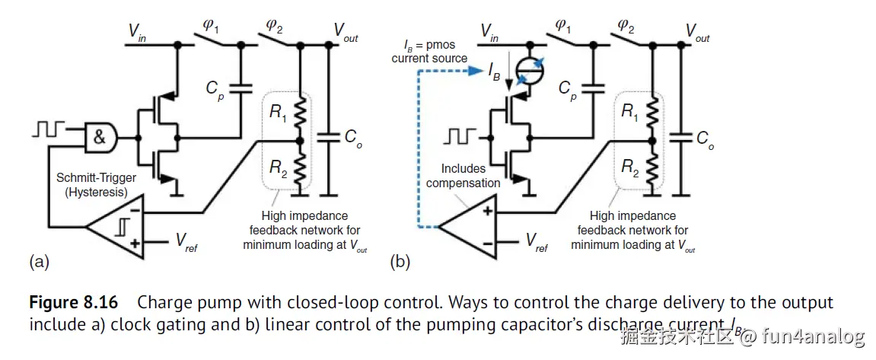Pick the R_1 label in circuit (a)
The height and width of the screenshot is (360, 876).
[279, 113]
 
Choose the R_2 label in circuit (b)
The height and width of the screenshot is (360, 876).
[630, 168]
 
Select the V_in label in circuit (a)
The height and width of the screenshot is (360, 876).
[137, 33]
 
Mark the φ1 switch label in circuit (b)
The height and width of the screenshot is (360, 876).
[563, 27]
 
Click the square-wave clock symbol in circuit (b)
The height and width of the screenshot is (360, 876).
[460, 137]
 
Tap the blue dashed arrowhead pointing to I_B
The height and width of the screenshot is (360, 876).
[476, 72]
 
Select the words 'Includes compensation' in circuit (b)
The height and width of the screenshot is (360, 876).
[463, 175]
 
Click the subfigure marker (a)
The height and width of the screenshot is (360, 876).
[39, 263]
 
